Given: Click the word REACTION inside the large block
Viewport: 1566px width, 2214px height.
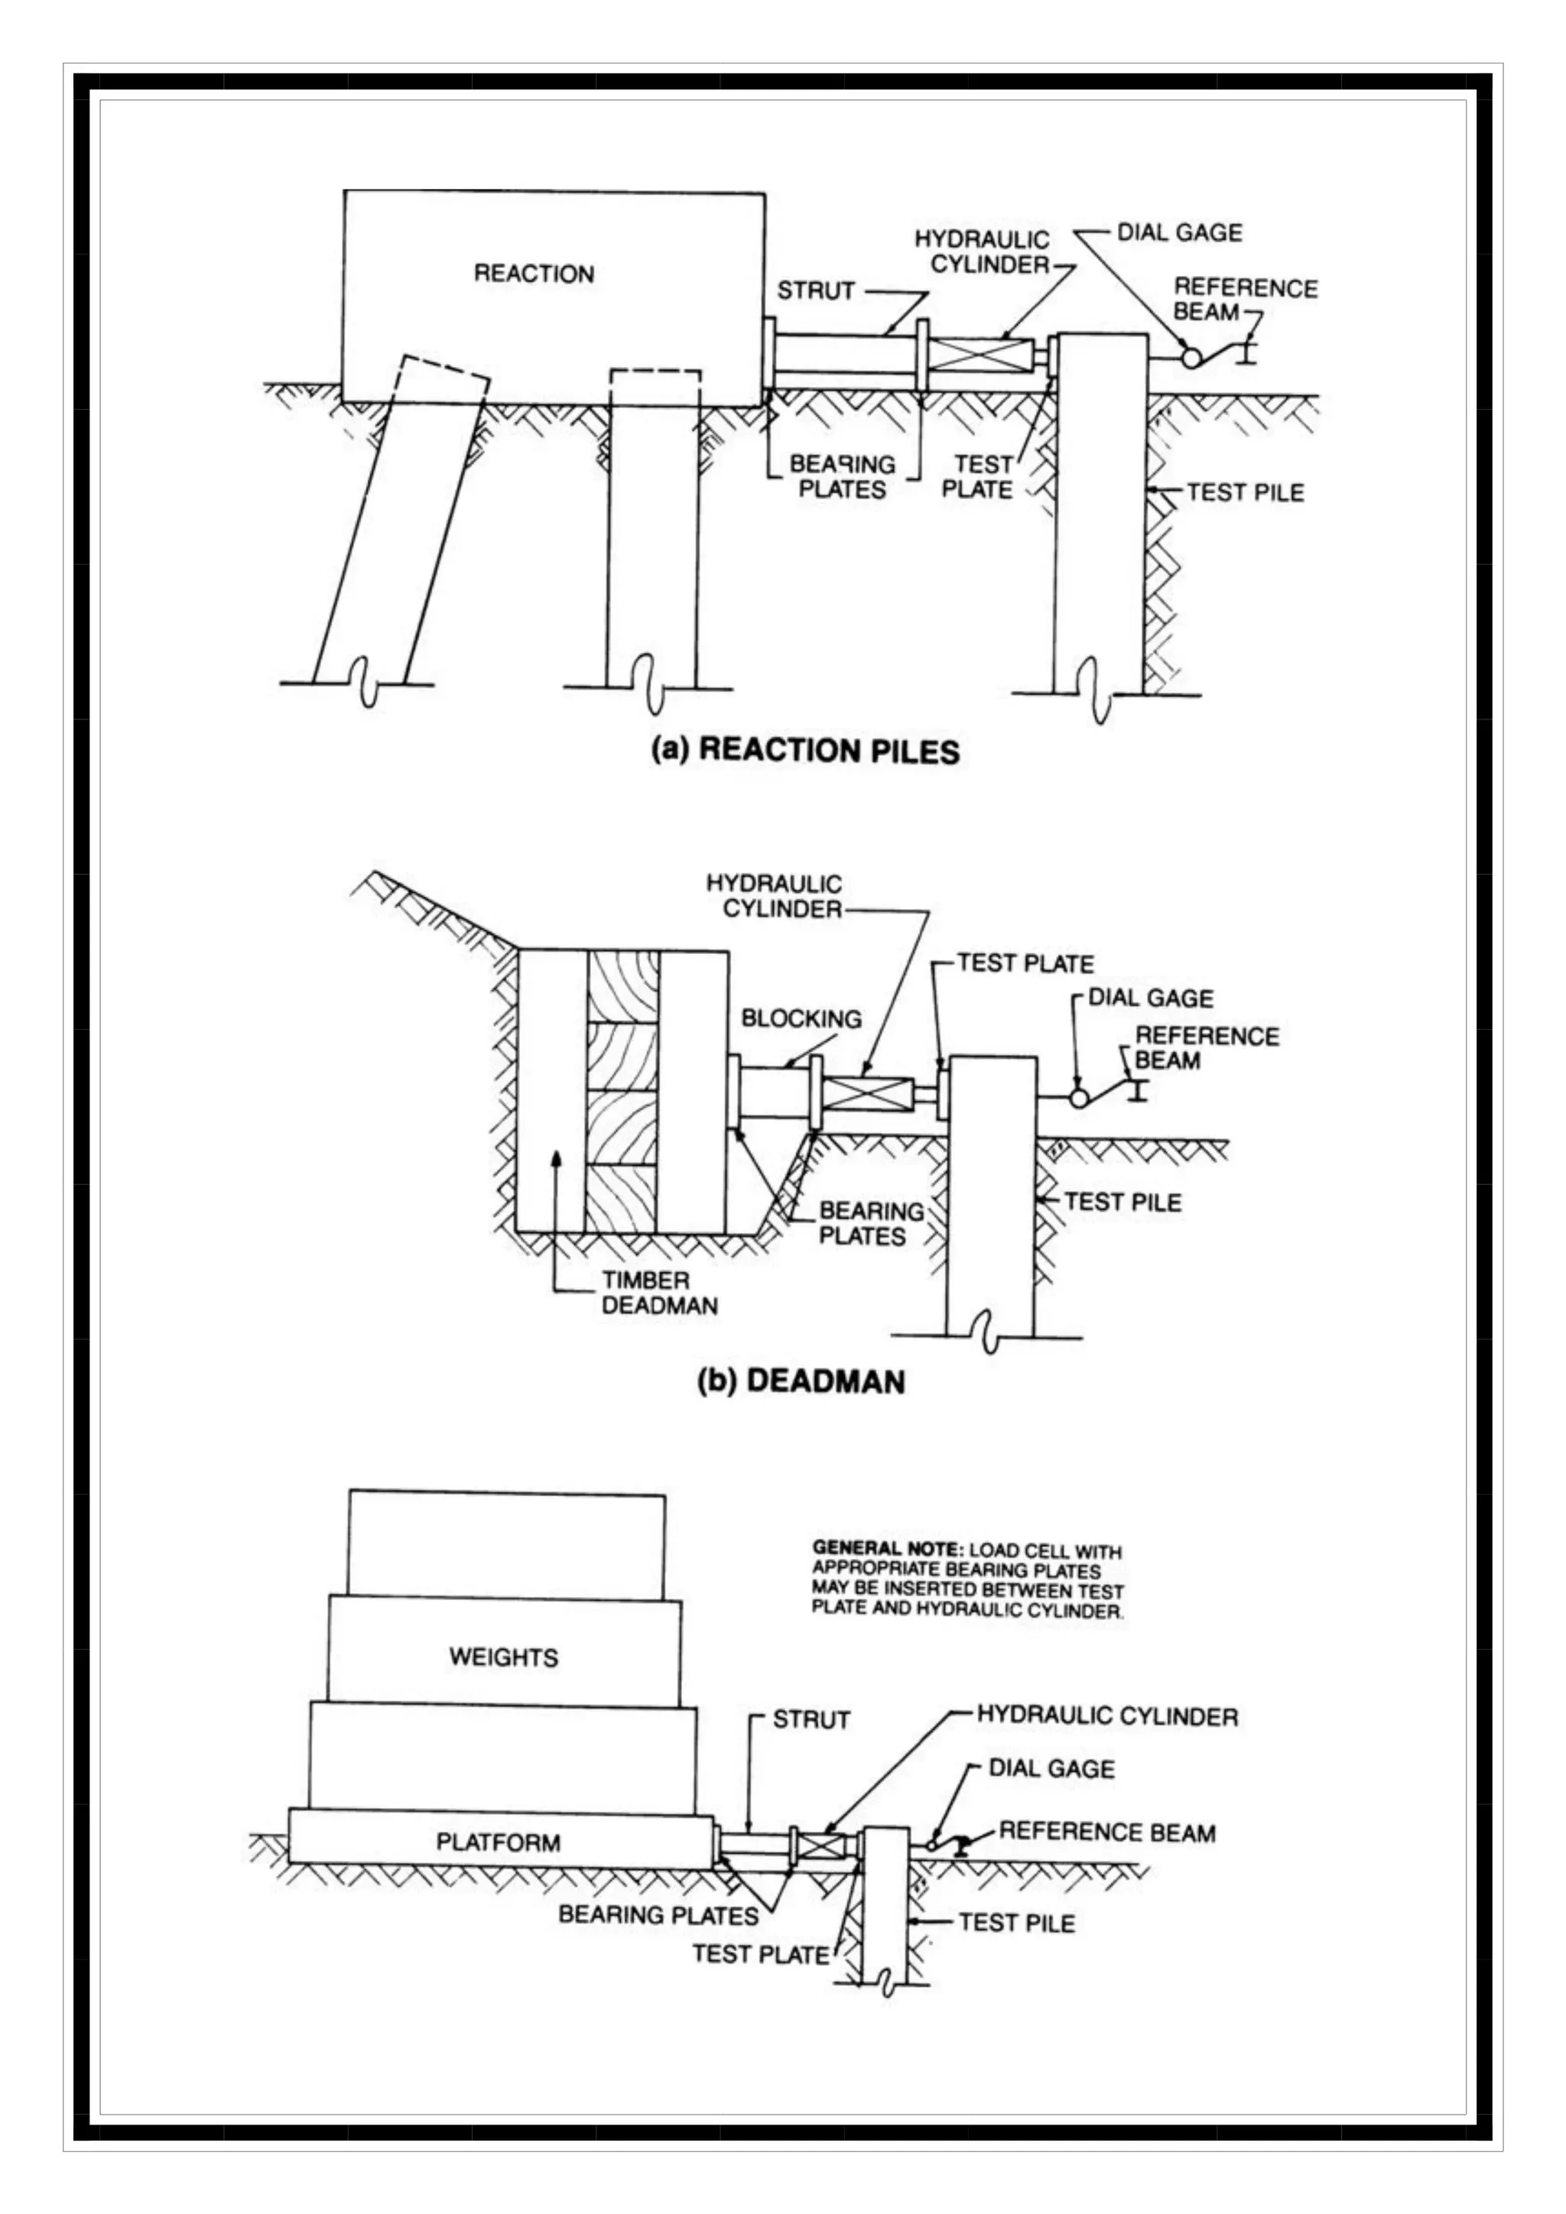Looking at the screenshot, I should click(x=533, y=274).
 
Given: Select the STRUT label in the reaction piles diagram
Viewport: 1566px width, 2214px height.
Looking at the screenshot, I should click(x=816, y=291).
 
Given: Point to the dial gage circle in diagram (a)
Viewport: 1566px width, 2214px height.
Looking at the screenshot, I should click(x=1192, y=358).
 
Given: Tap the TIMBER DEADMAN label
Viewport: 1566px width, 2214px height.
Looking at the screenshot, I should click(x=660, y=1293).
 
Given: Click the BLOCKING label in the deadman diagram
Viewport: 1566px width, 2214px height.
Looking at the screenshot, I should click(x=801, y=1018).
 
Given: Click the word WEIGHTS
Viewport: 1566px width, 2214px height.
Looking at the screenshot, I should click(x=503, y=1657).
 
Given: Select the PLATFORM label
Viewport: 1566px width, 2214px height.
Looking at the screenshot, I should click(x=498, y=1842).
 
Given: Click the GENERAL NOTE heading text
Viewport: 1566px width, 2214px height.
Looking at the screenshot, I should click(x=886, y=1549).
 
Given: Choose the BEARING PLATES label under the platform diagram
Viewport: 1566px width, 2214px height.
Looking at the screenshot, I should click(x=658, y=1914).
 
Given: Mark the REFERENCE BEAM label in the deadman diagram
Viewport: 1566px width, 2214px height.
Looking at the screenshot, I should click(x=1207, y=1048).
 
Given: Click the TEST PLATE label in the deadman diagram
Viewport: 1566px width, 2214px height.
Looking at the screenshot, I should click(x=1025, y=963).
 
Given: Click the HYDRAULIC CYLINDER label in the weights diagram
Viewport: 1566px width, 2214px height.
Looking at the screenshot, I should click(x=1107, y=1716).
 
